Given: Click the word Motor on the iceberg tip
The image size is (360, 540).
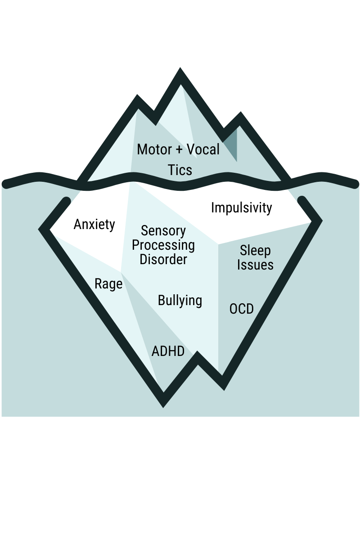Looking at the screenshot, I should (x=154, y=149).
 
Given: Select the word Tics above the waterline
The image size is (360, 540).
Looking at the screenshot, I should (x=180, y=170).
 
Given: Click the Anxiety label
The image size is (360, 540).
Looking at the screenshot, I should (x=94, y=224).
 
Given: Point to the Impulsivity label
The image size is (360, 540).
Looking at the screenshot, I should (x=242, y=208).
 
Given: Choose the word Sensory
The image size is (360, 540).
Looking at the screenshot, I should (x=163, y=231).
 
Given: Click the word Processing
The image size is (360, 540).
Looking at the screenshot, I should (x=163, y=245).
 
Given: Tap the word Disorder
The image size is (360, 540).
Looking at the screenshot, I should (x=163, y=260).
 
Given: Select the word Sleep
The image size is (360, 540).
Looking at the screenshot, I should (x=255, y=250).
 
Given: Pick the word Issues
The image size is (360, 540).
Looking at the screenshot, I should (x=255, y=265).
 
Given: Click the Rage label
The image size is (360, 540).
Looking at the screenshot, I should (x=108, y=284).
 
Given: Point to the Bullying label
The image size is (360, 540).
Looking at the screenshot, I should (x=180, y=301).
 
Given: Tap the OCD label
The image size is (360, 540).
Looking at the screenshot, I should (x=242, y=309).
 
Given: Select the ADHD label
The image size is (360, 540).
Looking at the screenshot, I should (x=168, y=351).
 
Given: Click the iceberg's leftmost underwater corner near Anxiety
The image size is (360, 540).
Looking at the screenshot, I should (x=43, y=229).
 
